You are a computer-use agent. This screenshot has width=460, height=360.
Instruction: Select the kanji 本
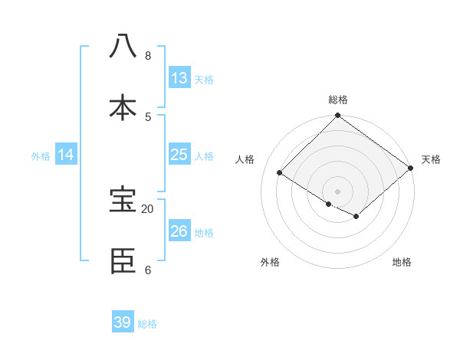(x=123, y=107)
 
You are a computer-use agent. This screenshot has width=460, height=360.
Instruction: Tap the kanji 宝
(x=123, y=200)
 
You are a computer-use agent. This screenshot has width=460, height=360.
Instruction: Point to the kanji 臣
(x=123, y=261)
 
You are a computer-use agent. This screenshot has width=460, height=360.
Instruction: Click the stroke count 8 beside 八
(x=148, y=55)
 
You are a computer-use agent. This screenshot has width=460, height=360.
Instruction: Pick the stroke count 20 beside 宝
(x=148, y=208)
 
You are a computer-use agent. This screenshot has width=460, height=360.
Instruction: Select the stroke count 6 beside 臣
(x=148, y=270)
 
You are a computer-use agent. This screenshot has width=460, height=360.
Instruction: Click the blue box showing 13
(x=179, y=78)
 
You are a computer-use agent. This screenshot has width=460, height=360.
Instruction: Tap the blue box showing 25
(x=179, y=155)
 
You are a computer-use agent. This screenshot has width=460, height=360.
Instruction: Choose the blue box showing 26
(x=179, y=231)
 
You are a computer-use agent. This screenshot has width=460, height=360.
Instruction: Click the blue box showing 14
(x=66, y=155)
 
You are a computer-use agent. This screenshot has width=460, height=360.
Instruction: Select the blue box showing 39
(x=123, y=322)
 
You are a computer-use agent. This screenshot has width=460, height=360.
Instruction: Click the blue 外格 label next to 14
(x=41, y=156)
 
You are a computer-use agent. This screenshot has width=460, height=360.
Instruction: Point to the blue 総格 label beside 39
(x=147, y=324)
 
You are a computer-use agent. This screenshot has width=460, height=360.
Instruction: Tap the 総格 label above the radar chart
(x=338, y=100)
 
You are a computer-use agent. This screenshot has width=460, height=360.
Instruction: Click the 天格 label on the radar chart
(x=431, y=159)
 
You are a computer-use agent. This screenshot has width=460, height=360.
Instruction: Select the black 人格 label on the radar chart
(x=245, y=159)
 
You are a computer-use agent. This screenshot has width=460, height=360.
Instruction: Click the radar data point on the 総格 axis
(x=338, y=116)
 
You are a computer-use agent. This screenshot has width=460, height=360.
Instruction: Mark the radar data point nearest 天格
(x=411, y=169)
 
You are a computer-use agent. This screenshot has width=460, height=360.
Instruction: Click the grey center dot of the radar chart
(x=338, y=191)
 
